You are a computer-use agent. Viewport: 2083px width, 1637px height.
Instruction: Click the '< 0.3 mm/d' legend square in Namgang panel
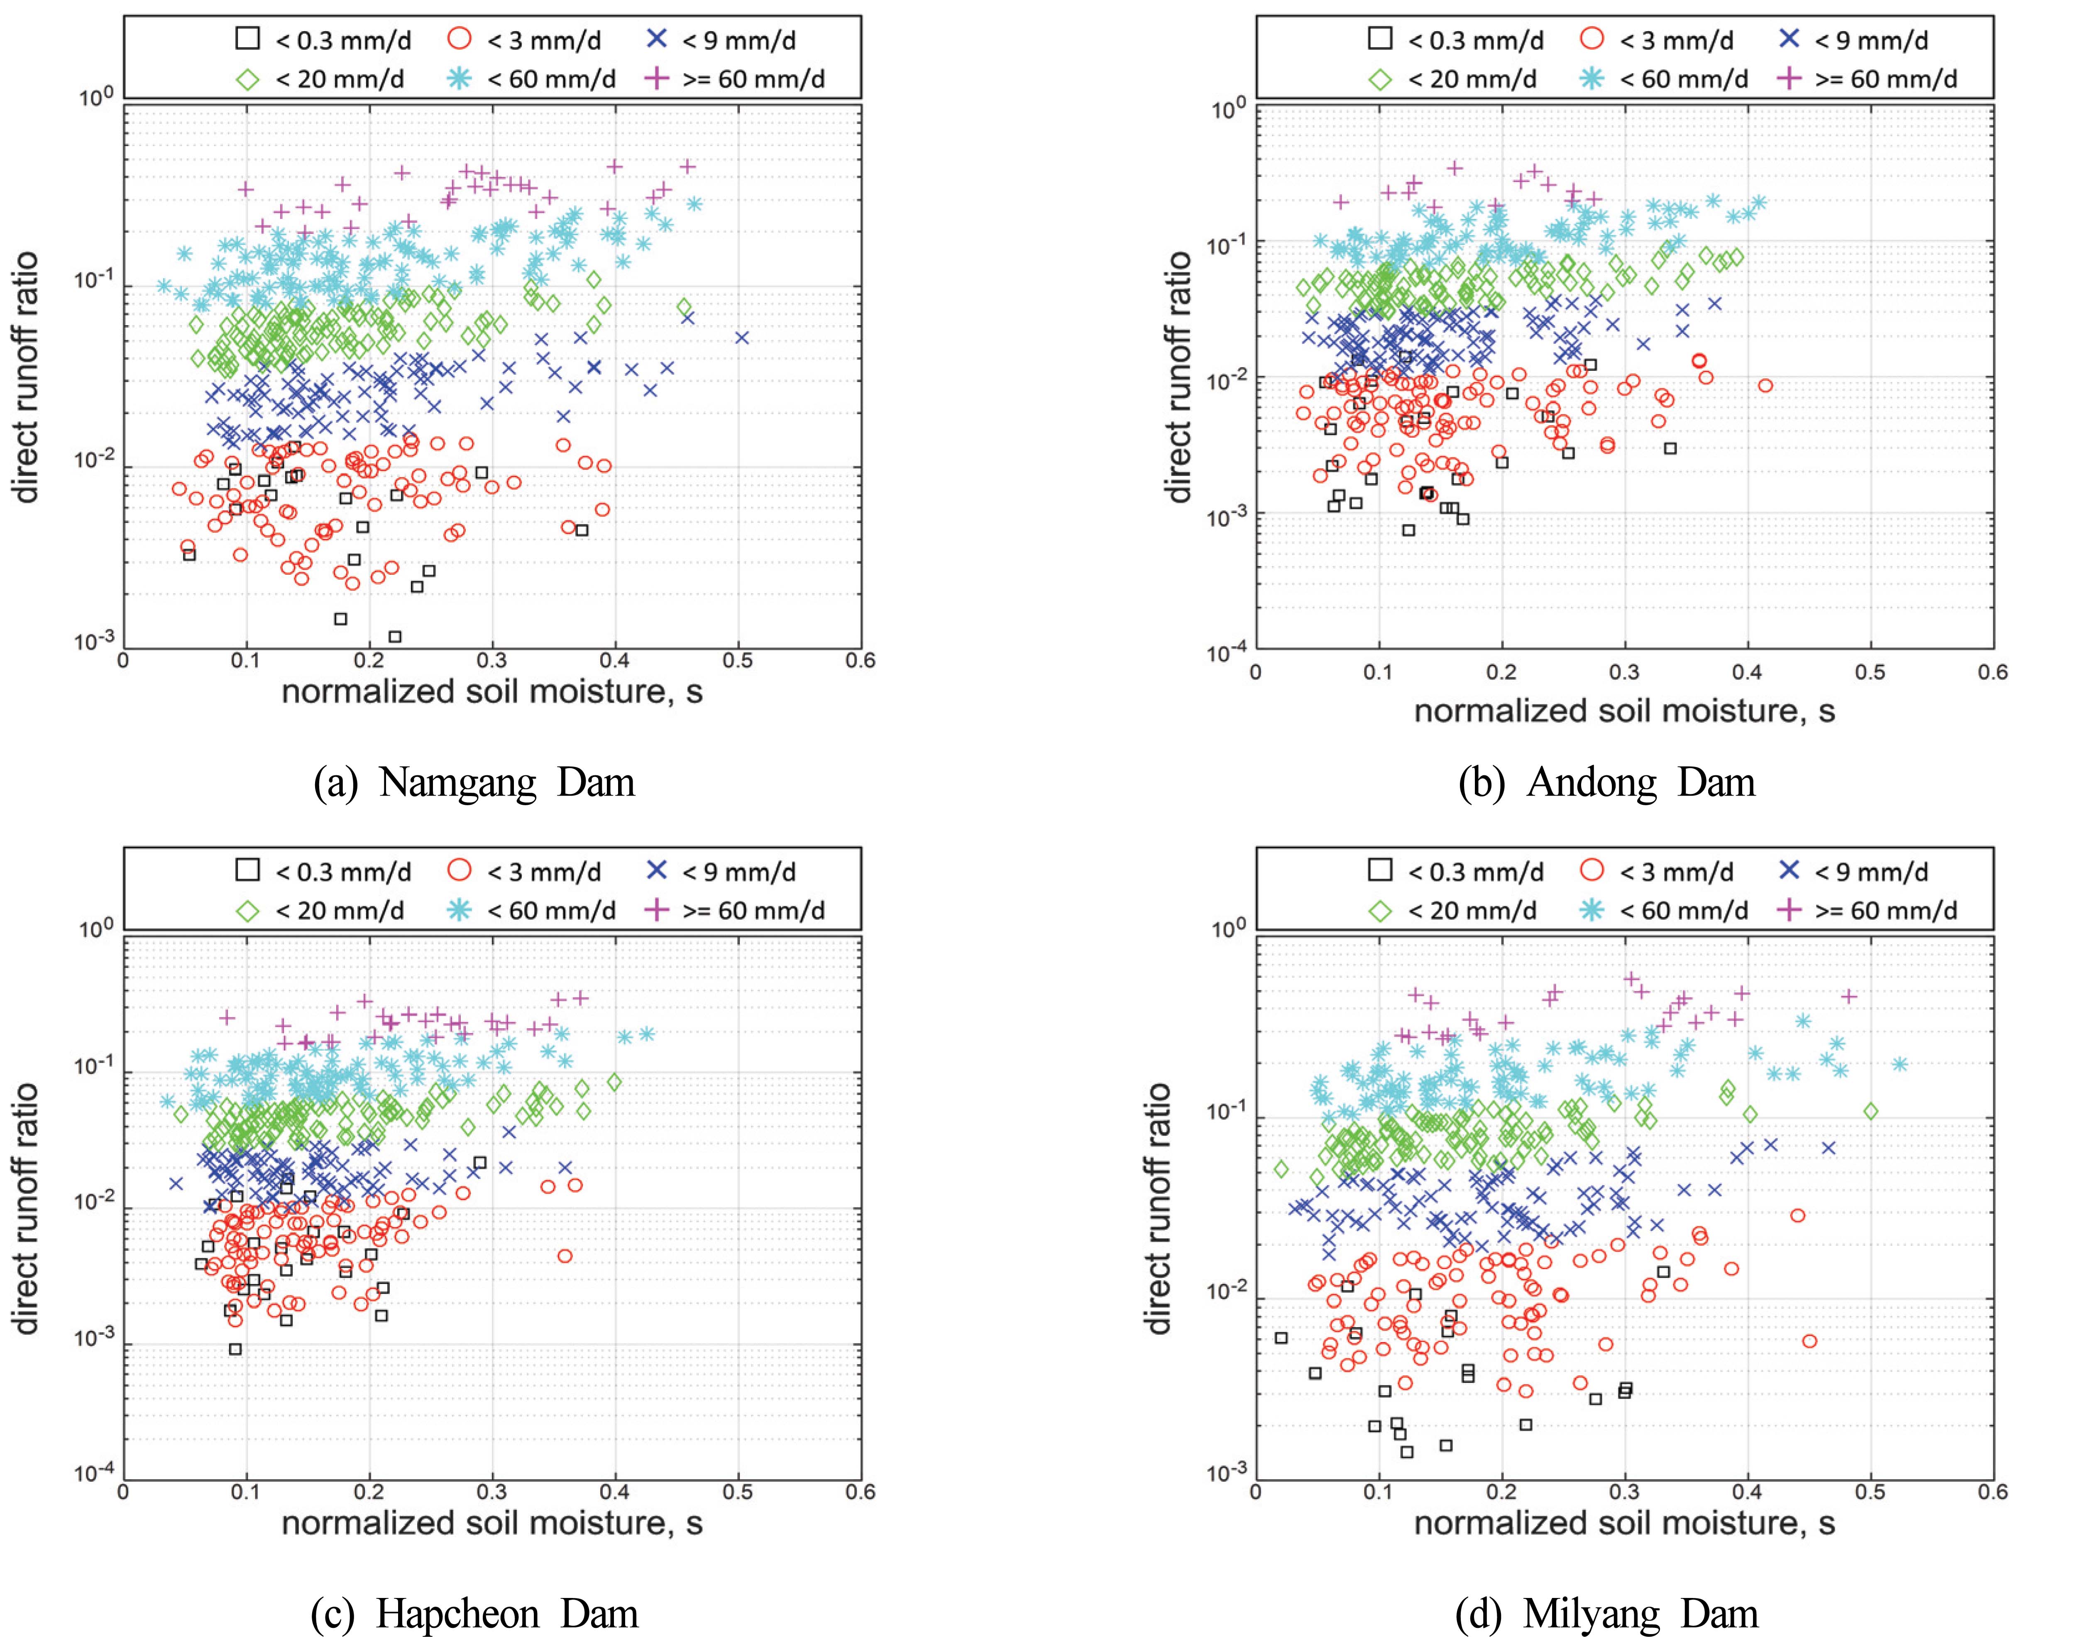(x=248, y=39)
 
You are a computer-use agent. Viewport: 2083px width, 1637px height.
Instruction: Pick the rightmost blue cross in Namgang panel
(x=742, y=337)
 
